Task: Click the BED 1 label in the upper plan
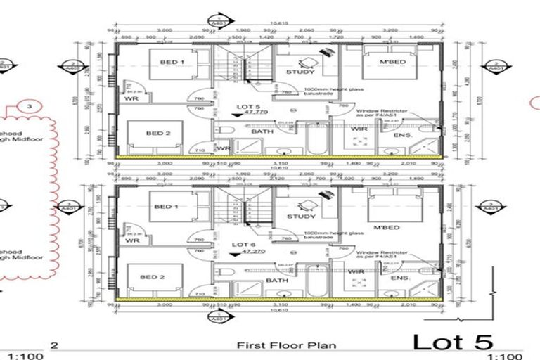tap(172, 63)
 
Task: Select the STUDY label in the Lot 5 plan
tap(300, 72)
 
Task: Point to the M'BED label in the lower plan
tap(387, 227)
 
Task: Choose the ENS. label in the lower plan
tap(401, 278)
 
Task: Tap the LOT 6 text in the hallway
tap(243, 243)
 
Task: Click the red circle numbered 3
tap(29, 107)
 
